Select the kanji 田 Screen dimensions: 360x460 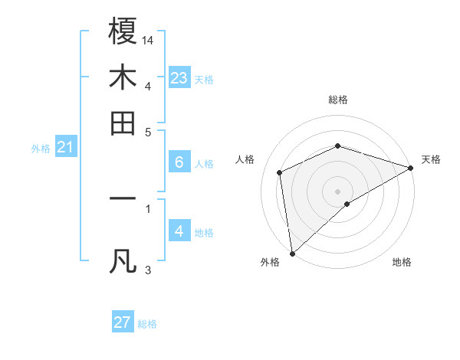pyautogui.click(x=123, y=123)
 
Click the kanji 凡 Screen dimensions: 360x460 pyautogui.click(x=123, y=261)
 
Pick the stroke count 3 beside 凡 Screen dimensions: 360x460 pyautogui.click(x=148, y=270)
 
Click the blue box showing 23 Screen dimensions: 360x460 pyautogui.click(x=179, y=77)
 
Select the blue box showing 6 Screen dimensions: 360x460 pyautogui.click(x=179, y=162)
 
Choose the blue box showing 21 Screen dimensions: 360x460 pyautogui.click(x=65, y=147)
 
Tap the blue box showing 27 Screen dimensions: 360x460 pyautogui.click(x=123, y=322)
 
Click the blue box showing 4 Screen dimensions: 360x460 pyautogui.click(x=179, y=231)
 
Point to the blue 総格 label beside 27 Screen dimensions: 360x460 pyautogui.click(x=148, y=324)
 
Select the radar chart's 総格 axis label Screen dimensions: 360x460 pyautogui.click(x=338, y=100)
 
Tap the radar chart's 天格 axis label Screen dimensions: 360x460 pyautogui.click(x=432, y=159)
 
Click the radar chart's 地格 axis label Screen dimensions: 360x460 pyautogui.click(x=402, y=263)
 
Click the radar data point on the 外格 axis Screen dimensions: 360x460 pyautogui.click(x=292, y=254)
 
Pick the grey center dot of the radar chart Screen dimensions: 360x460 pyautogui.click(x=338, y=191)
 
